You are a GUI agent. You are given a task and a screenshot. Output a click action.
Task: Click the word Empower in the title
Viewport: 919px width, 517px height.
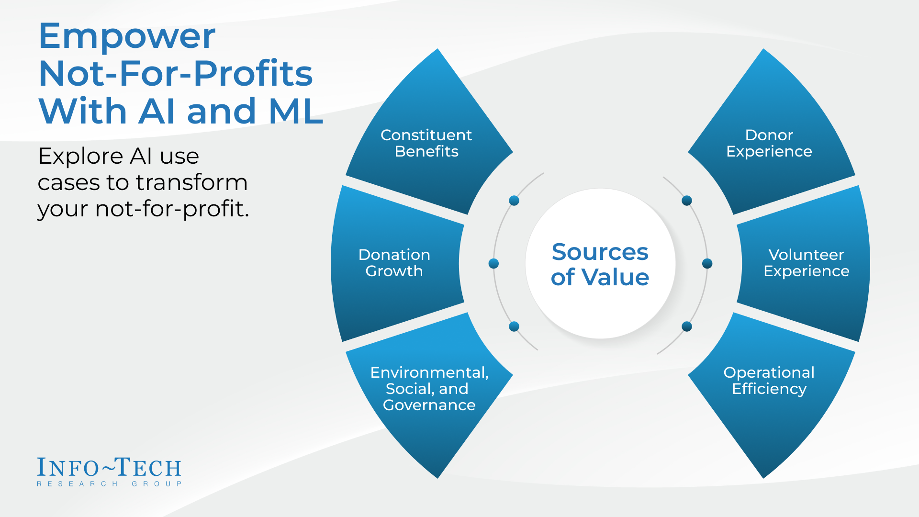(x=127, y=36)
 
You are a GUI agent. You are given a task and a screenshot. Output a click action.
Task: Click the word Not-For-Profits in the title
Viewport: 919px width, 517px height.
(x=176, y=74)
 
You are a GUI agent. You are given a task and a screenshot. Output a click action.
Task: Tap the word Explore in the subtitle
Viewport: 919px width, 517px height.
(x=80, y=156)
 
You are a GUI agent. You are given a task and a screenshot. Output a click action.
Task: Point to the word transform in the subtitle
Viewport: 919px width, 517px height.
(x=191, y=182)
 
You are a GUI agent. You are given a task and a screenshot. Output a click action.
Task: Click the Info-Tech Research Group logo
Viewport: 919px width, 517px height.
(x=110, y=472)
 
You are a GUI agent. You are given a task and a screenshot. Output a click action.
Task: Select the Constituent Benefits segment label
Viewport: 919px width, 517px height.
(x=426, y=143)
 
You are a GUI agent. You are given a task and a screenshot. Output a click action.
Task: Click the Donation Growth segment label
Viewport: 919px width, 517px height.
(x=394, y=263)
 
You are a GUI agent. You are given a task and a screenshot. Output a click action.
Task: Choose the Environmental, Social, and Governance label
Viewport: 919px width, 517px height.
(x=429, y=389)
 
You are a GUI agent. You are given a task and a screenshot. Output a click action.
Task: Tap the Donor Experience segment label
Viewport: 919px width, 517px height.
(x=769, y=143)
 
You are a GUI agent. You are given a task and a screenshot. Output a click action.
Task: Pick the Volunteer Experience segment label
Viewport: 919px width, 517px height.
(x=806, y=263)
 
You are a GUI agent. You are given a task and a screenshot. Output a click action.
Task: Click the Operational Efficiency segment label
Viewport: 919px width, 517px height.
(x=769, y=381)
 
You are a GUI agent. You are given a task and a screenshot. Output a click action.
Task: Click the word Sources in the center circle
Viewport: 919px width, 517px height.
(x=600, y=252)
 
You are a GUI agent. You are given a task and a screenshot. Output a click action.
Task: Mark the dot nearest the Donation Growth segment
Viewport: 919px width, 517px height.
(x=493, y=263)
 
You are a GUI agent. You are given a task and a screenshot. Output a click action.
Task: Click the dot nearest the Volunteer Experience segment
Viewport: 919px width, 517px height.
(x=707, y=263)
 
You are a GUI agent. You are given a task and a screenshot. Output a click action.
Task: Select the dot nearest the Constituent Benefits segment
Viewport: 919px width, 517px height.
(x=514, y=201)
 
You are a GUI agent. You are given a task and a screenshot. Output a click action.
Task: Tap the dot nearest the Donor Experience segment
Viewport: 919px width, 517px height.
(x=687, y=201)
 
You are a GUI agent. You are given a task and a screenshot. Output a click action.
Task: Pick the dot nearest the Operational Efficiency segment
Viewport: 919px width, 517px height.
(x=687, y=326)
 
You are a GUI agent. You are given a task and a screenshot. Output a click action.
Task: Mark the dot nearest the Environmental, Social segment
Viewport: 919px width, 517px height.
(x=514, y=326)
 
